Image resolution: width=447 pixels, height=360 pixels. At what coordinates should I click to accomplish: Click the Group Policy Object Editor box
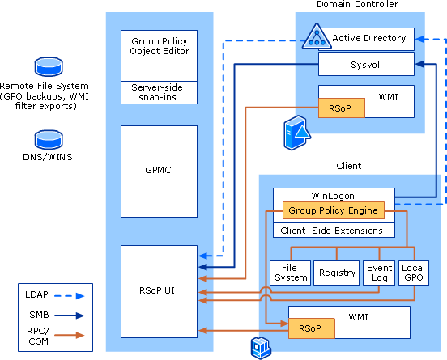coord(159,56)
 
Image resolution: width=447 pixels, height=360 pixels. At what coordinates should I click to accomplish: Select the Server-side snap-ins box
coord(159,92)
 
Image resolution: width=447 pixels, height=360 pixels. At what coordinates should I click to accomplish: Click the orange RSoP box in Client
coord(309,328)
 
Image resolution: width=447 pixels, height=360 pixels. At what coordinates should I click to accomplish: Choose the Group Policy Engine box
coord(332,211)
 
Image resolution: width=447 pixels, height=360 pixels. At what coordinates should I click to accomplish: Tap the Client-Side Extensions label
coord(333,230)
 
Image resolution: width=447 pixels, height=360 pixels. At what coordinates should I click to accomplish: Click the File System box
coord(289,273)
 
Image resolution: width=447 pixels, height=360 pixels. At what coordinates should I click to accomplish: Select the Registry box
coord(336,273)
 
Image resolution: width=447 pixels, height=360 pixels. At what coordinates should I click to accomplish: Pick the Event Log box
coord(379,273)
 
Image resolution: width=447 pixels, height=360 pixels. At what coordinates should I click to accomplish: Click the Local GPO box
coord(412,273)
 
